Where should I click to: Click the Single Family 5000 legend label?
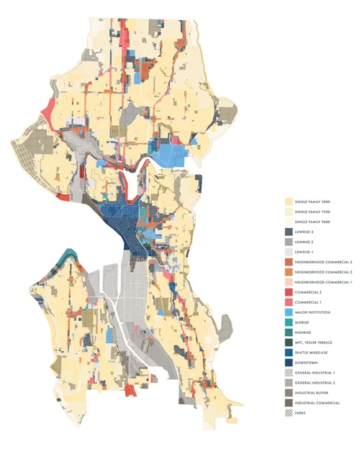(318, 203)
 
